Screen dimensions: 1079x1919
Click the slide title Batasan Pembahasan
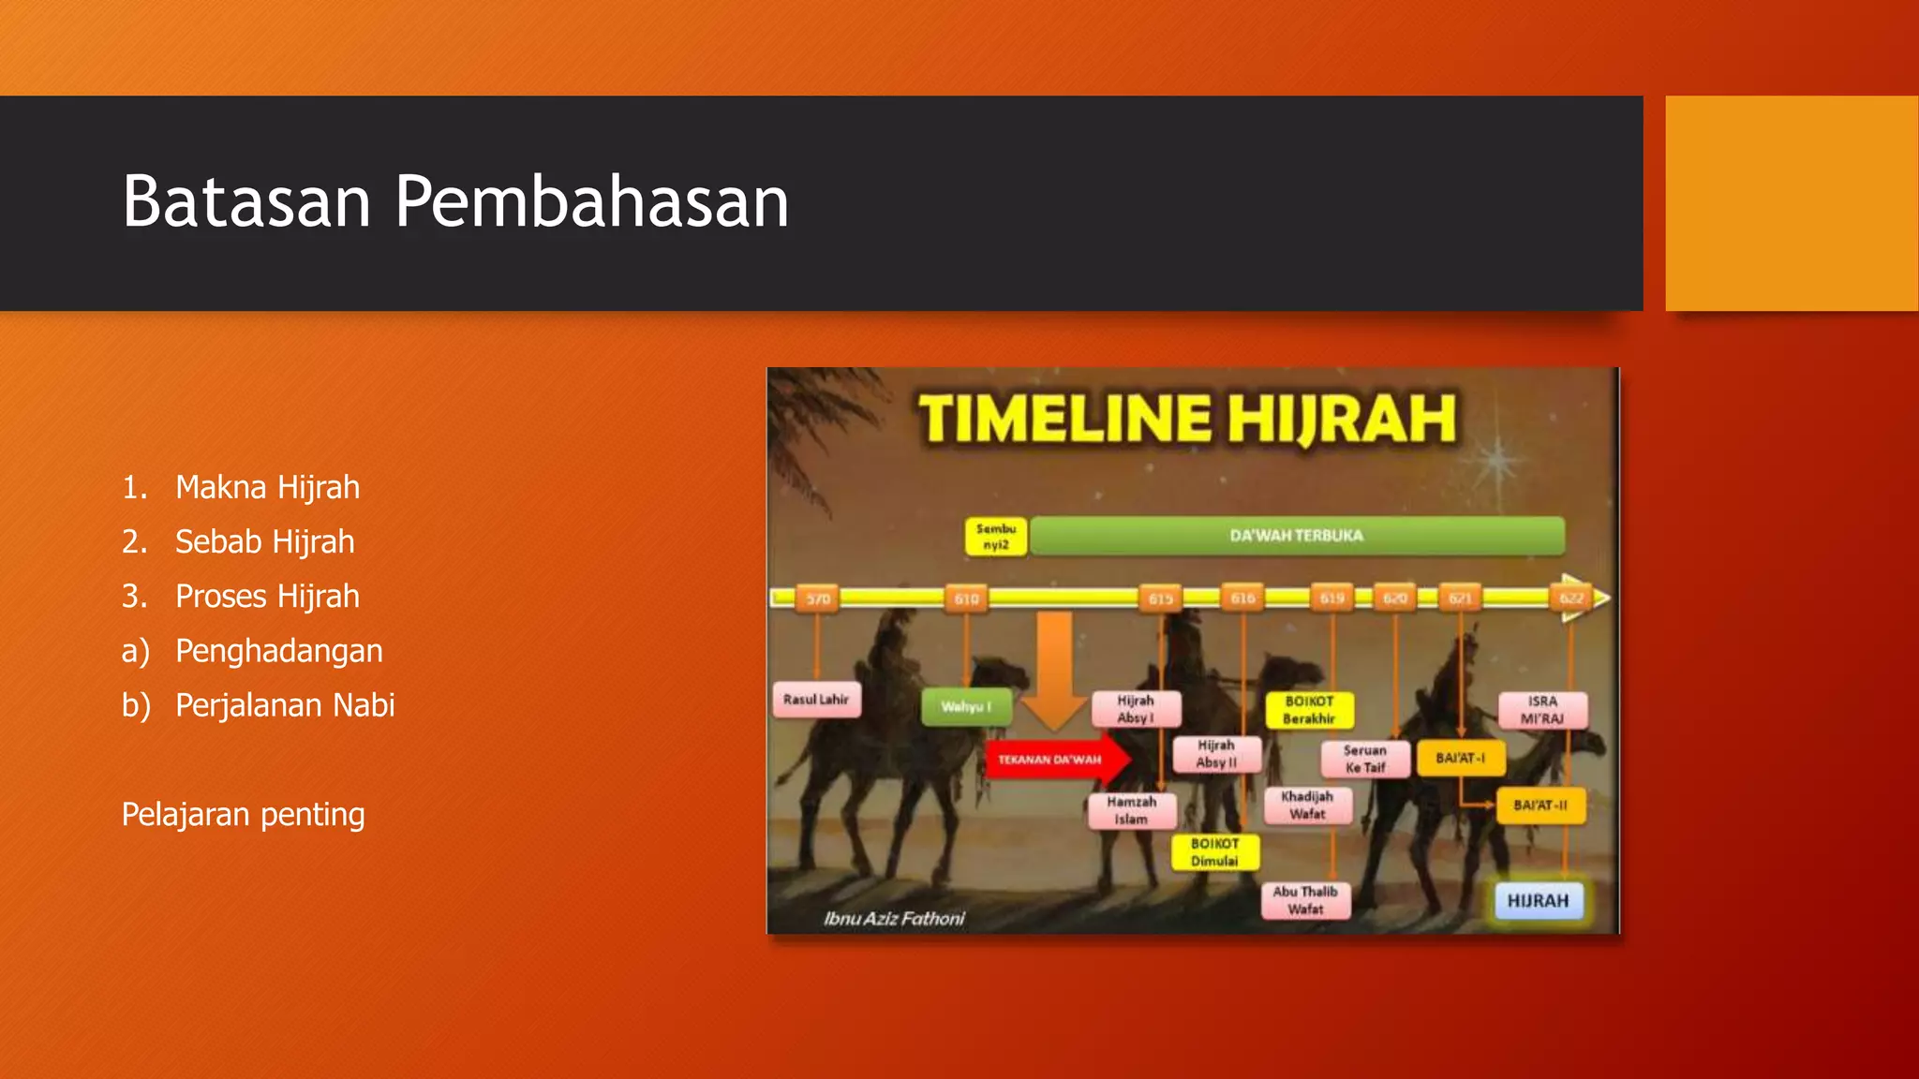pos(455,201)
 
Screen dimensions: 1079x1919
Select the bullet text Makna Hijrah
pos(267,487)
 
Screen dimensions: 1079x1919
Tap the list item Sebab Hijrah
pos(264,541)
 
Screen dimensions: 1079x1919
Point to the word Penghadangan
pos(278,650)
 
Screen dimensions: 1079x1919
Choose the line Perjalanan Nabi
pos(285,704)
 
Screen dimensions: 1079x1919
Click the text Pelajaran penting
pos(243,814)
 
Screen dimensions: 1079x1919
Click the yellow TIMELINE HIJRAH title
pos(1187,418)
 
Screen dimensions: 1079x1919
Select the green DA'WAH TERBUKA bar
pos(1296,536)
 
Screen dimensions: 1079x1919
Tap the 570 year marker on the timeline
pos(818,599)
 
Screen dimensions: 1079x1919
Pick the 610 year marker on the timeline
pos(966,599)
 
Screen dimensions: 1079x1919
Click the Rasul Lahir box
pos(816,700)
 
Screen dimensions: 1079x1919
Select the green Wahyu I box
pos(966,706)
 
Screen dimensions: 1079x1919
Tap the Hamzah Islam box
pos(1131,810)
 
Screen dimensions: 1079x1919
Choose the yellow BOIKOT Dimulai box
pos(1214,852)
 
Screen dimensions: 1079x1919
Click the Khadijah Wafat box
pos(1307,805)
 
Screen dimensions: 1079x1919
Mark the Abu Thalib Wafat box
pos(1305,900)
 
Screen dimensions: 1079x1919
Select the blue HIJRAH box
pos(1538,901)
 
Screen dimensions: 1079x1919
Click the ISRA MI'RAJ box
pos(1542,710)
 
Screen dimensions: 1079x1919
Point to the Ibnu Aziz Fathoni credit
pos(894,919)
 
